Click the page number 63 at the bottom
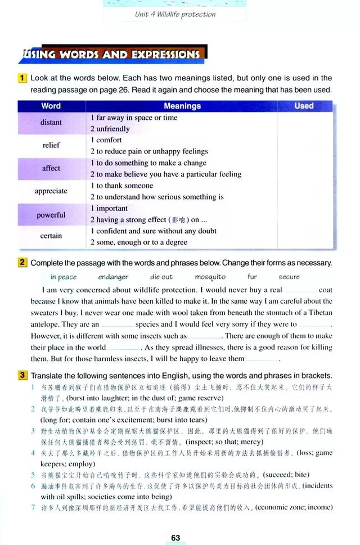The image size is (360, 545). [x=175, y=538]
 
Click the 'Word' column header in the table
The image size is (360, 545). [x=51, y=106]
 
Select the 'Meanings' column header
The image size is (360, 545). [x=182, y=106]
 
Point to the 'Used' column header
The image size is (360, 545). [x=304, y=106]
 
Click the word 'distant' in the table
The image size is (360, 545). [x=51, y=123]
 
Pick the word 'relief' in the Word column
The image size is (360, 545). [x=51, y=145]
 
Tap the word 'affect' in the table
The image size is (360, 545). [x=51, y=168]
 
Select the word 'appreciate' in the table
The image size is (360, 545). [x=51, y=191]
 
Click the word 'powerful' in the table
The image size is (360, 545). [x=51, y=215]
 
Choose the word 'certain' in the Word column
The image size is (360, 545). [x=51, y=236]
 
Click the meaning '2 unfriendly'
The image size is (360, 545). [x=110, y=129]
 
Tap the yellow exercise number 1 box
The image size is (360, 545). [x=22, y=78]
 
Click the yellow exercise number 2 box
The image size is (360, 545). [x=22, y=262]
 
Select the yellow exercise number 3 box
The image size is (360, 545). [x=22, y=375]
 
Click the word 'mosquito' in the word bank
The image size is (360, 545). [x=210, y=277]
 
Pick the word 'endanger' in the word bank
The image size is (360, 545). [x=113, y=277]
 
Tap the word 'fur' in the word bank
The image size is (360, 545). [x=252, y=277]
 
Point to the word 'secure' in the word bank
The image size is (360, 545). [x=289, y=277]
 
